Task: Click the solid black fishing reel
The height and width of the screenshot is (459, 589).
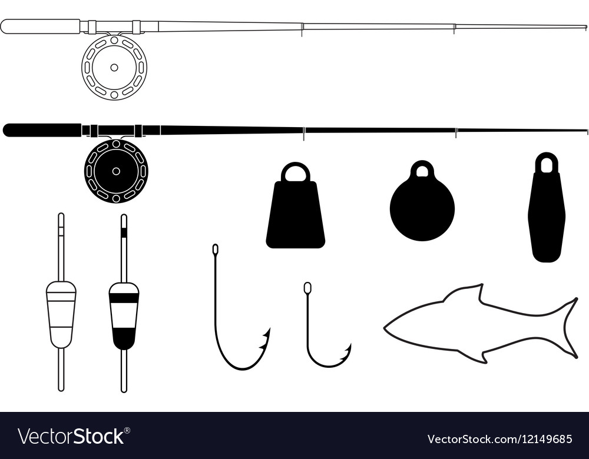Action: pos(116,171)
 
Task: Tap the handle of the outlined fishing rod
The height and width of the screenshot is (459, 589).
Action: pos(41,26)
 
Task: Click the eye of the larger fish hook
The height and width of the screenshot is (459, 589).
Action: pos(215,250)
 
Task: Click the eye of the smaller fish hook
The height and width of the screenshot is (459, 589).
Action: pos(307,288)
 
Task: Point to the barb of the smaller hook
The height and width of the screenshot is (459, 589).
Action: pos(346,352)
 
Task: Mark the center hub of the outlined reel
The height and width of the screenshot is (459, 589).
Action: pos(114,68)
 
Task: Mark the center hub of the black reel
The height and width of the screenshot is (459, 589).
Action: pos(116,171)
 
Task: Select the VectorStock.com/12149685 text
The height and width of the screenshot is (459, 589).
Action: pos(500,439)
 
